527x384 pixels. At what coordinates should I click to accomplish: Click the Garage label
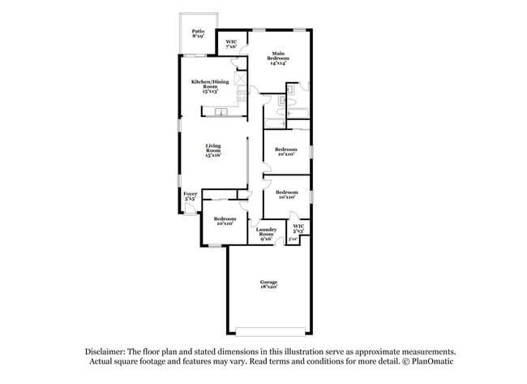(x=268, y=282)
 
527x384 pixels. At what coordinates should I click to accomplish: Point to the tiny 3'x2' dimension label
(x=293, y=239)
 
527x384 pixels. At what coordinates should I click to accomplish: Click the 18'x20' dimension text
(x=268, y=287)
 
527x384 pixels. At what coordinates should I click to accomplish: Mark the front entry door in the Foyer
(x=189, y=209)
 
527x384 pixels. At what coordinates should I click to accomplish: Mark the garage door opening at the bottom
(x=268, y=328)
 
